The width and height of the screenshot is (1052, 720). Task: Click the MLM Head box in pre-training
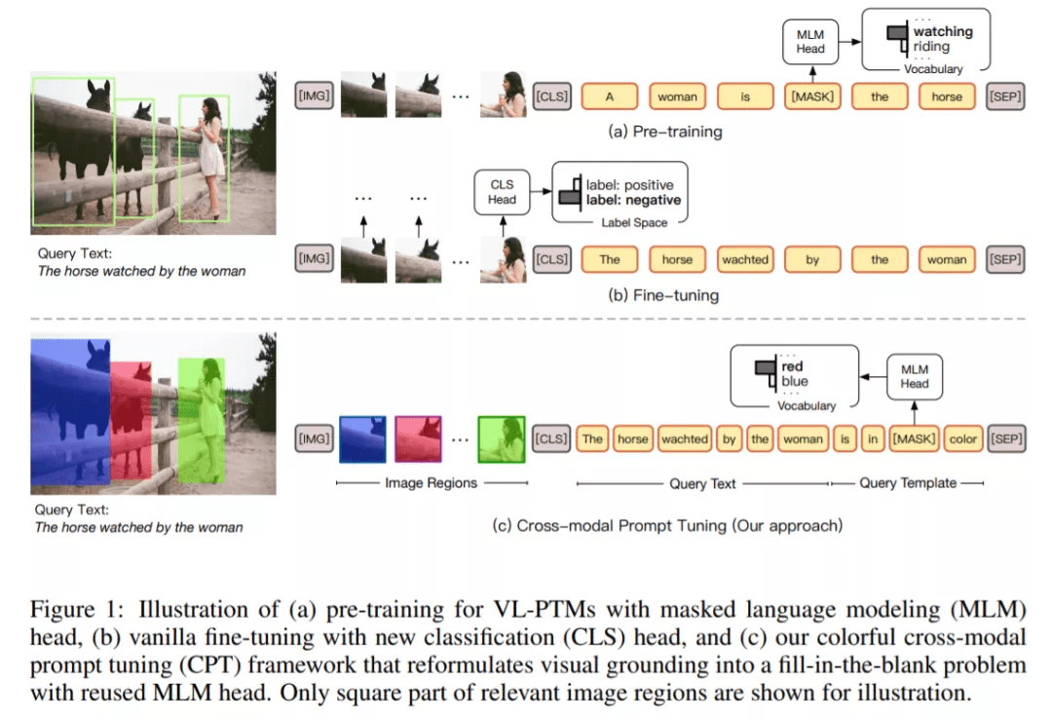click(809, 42)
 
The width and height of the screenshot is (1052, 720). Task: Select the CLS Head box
click(502, 192)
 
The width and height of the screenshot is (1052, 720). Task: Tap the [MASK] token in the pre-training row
click(811, 96)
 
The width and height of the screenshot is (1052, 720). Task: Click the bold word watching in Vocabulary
click(943, 31)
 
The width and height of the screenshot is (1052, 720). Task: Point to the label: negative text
click(633, 201)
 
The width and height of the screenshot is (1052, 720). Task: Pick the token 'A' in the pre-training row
click(610, 96)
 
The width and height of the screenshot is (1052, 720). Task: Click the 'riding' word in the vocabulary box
click(931, 47)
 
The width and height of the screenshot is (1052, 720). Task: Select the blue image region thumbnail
click(362, 439)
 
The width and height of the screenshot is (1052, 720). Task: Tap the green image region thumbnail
click(502, 439)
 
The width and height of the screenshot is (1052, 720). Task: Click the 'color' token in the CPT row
click(962, 439)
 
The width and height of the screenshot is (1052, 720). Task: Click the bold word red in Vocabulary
click(792, 366)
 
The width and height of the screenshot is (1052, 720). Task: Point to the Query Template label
click(907, 483)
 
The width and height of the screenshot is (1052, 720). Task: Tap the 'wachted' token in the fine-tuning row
click(745, 260)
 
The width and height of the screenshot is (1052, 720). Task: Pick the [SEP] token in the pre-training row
click(1005, 96)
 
